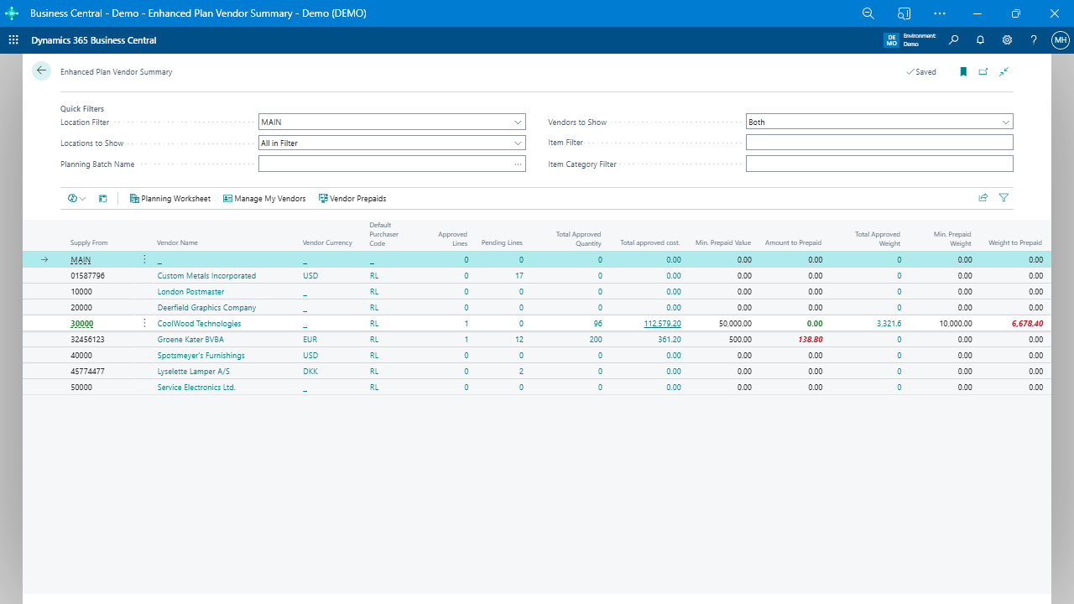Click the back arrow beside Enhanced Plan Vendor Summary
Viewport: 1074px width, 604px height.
pos(41,71)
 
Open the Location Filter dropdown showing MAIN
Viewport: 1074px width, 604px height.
pos(392,122)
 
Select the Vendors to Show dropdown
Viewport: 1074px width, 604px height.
pos(878,122)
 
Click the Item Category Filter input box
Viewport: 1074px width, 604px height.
pos(878,164)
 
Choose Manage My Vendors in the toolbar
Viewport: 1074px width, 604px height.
pos(264,199)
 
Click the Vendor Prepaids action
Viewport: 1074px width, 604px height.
pos(352,199)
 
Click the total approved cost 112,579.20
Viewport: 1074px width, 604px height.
pos(662,324)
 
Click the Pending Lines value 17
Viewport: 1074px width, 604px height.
pos(519,276)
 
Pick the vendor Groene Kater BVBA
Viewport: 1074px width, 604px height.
pos(190,340)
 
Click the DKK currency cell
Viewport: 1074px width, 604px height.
pos(310,372)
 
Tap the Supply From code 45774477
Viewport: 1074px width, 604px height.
pos(87,372)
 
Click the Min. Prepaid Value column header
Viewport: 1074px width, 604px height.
pos(722,243)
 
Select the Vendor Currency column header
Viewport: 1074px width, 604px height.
pos(327,243)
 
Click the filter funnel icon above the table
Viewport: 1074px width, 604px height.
pos(1004,199)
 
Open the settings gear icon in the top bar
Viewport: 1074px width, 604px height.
pos(1007,40)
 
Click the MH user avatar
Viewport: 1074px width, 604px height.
pos(1060,40)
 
